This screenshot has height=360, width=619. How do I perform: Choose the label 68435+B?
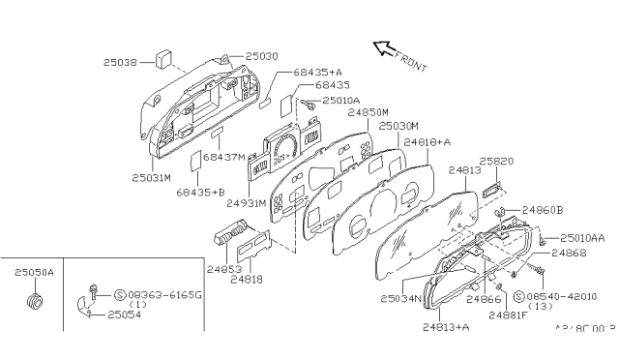point(200,192)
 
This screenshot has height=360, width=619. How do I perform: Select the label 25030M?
point(398,127)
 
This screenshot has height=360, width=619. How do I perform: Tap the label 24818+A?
point(428,142)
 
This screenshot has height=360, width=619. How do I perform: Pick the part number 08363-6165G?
point(167,293)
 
